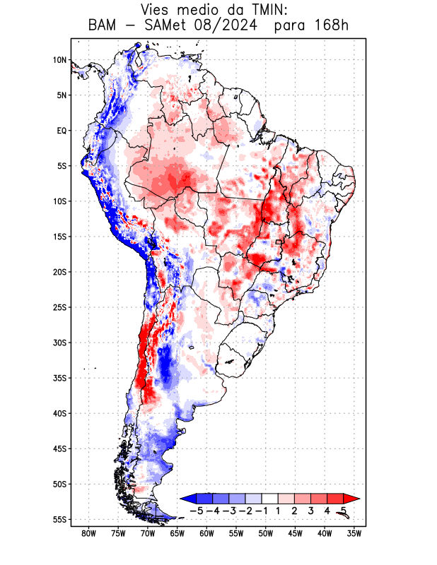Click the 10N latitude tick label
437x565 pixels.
point(59,60)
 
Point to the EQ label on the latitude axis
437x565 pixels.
point(61,131)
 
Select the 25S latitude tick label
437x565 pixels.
point(59,307)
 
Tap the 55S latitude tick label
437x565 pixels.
point(59,519)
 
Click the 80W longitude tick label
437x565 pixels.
point(88,533)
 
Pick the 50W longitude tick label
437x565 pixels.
point(265,533)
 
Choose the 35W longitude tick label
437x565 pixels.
point(354,533)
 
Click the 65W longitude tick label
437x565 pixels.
point(177,533)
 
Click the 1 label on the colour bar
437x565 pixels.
point(279,510)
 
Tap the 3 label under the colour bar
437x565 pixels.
point(311,510)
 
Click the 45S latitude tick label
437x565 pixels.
point(59,448)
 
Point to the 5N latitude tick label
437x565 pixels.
point(61,95)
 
